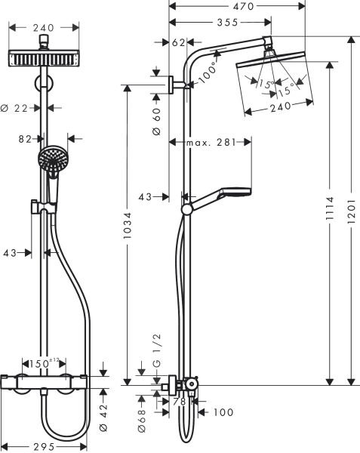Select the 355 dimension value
pyautogui.click(x=218, y=23)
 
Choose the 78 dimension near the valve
pyautogui.click(x=180, y=402)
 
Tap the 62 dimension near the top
pyautogui.click(x=179, y=42)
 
